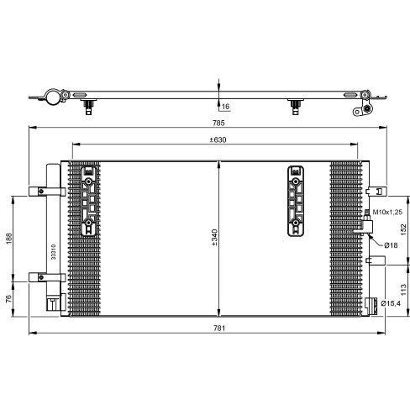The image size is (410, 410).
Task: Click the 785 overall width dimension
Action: click(218, 123)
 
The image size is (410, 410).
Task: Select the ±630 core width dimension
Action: click(218, 139)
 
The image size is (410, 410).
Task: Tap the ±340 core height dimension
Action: click(214, 238)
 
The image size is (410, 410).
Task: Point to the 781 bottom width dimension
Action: click(219, 328)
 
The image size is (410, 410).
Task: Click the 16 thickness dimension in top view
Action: click(225, 107)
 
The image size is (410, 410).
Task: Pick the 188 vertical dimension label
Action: click(9, 239)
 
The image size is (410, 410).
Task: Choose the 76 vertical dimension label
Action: click(8, 298)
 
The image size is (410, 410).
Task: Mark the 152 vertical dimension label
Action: click(403, 229)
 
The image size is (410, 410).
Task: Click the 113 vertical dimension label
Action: click(403, 290)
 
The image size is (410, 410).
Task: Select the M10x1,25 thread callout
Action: click(387, 212)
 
